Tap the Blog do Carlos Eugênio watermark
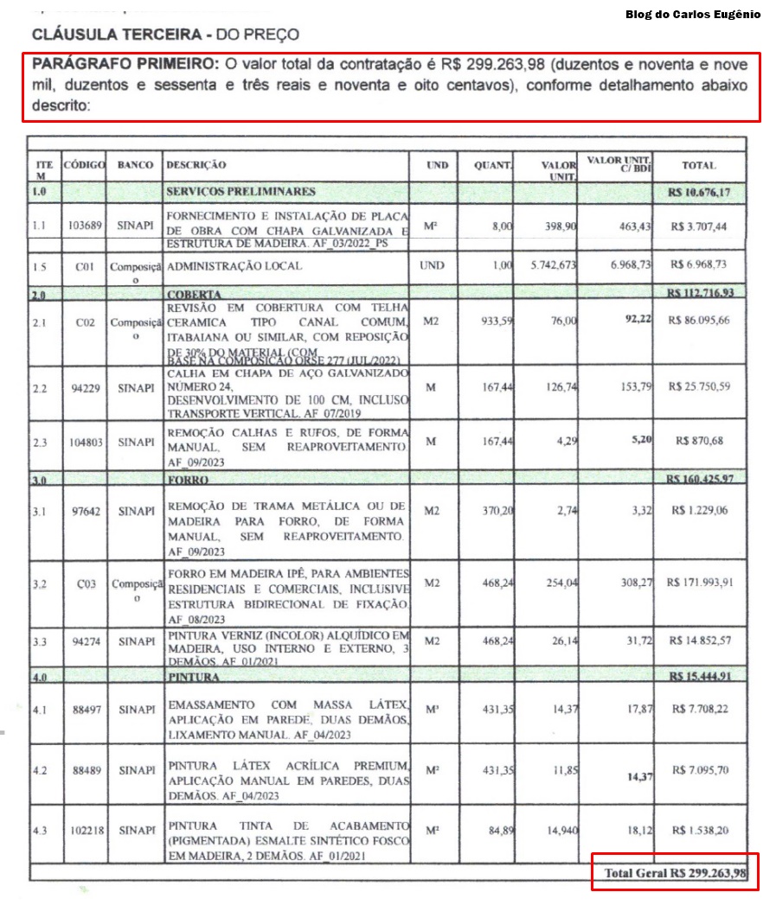pos(693,14)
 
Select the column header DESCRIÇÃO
pos(196,164)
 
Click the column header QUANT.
pos(493,165)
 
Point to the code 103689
pos(85,226)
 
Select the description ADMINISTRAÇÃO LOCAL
pos(234,266)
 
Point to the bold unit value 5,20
pos(641,440)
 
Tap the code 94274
pos(85,642)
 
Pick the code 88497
pos(85,709)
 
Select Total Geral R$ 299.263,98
pos(675,873)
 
